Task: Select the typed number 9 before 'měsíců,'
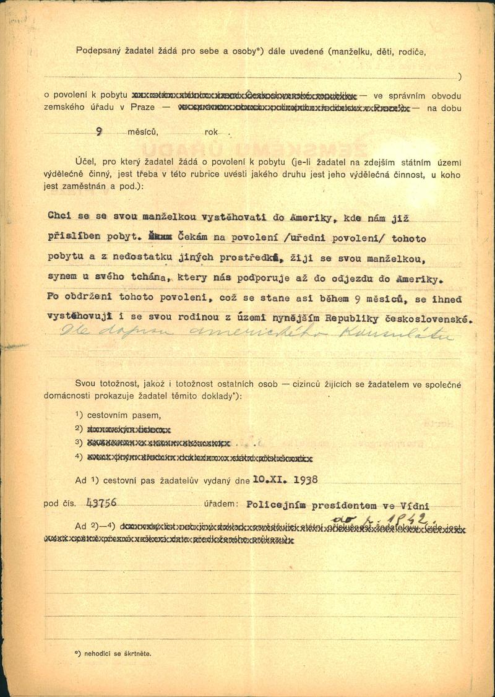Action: pyautogui.click(x=100, y=131)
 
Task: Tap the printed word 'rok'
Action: pyautogui.click(x=211, y=132)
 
